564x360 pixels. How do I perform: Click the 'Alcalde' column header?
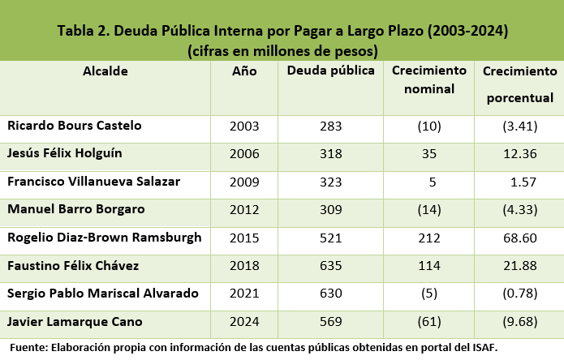tap(105, 71)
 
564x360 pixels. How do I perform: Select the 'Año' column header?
tap(244, 71)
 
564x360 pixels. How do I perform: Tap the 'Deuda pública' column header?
tap(331, 71)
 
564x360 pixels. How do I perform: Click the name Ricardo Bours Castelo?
tap(74, 126)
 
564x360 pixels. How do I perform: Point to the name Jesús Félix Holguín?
tap(68, 153)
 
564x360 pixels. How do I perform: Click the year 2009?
tap(244, 182)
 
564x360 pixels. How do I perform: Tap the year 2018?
tap(244, 265)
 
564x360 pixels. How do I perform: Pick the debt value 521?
tap(331, 238)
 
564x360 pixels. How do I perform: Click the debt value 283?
tap(331, 126)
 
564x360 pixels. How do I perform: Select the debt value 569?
tap(331, 321)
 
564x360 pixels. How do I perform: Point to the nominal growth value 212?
tap(429, 238)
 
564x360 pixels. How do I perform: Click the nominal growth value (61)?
tap(429, 321)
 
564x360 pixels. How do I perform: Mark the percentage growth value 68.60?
tap(519, 238)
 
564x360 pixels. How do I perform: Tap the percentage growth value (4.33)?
tap(519, 209)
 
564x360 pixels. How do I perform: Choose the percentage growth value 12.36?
tap(519, 153)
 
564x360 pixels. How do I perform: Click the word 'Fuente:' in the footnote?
tap(28, 347)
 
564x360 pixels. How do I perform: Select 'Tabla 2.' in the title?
tap(83, 32)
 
